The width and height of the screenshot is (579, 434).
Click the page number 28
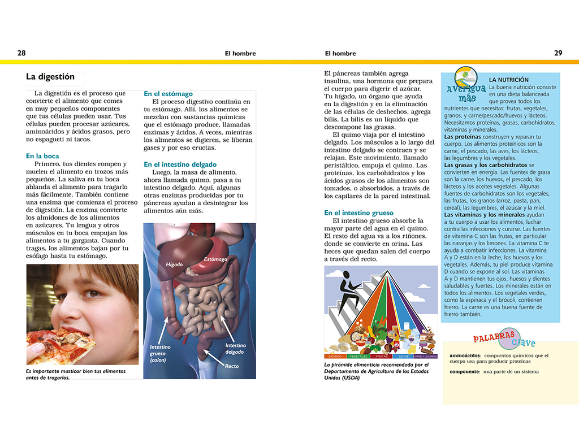[21, 53]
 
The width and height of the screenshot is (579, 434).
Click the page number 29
[558, 53]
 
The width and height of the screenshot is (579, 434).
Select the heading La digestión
[50, 77]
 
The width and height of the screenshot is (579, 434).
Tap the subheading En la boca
[42, 156]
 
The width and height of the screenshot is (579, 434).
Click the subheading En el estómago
[168, 94]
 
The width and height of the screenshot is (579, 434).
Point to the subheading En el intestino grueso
[358, 212]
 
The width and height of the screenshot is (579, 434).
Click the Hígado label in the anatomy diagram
[175, 264]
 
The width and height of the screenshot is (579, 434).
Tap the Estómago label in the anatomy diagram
[215, 259]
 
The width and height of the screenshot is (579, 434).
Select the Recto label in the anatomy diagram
[232, 366]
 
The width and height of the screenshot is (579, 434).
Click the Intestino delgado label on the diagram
[235, 349]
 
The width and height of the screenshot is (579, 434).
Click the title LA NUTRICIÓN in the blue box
[509, 80]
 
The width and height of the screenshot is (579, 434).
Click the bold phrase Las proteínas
[463, 137]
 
